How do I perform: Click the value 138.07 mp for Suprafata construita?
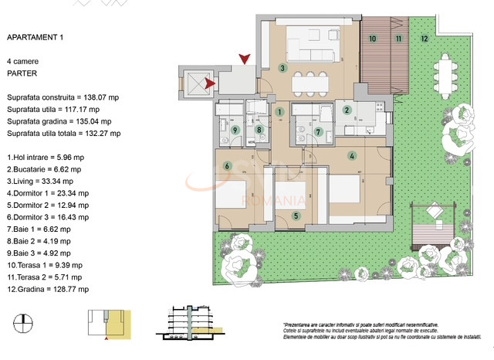(x=117, y=97)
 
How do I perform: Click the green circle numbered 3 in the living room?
(x=283, y=68)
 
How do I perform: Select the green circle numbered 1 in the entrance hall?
(x=279, y=111)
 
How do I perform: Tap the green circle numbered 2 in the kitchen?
(x=347, y=110)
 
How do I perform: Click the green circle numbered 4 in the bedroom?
(x=352, y=156)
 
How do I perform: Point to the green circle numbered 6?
(x=228, y=165)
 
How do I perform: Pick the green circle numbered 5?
(x=296, y=216)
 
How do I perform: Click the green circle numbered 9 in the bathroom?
(x=235, y=130)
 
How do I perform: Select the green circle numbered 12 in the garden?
(x=424, y=38)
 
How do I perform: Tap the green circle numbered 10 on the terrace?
(x=372, y=38)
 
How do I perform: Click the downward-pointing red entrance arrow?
(x=245, y=59)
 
